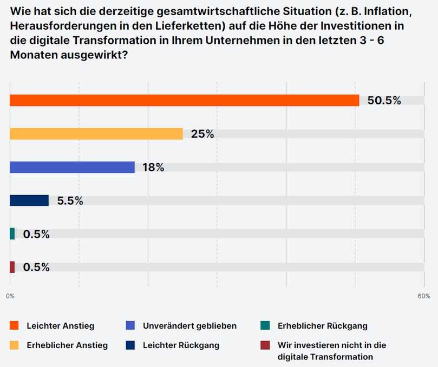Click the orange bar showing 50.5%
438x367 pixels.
[184, 101]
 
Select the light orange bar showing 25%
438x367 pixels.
[96, 134]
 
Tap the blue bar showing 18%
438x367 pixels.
[72, 168]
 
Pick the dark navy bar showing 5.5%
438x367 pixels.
[29, 201]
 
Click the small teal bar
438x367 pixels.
[12, 234]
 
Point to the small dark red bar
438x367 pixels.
[12, 267]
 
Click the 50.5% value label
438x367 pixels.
[384, 101]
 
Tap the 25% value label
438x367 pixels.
[202, 134]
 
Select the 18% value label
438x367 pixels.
[153, 168]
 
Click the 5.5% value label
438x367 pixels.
[70, 201]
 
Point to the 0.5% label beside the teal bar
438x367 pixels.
[36, 234]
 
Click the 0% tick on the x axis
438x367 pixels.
[10, 296]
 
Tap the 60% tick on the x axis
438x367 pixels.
[424, 296]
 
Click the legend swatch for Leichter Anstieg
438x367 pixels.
[14, 325]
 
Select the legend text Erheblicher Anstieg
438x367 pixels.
[67, 345]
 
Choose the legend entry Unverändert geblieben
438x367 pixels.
[189, 325]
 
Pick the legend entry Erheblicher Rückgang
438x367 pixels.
[322, 325]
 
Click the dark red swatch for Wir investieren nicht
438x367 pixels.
[265, 345]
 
